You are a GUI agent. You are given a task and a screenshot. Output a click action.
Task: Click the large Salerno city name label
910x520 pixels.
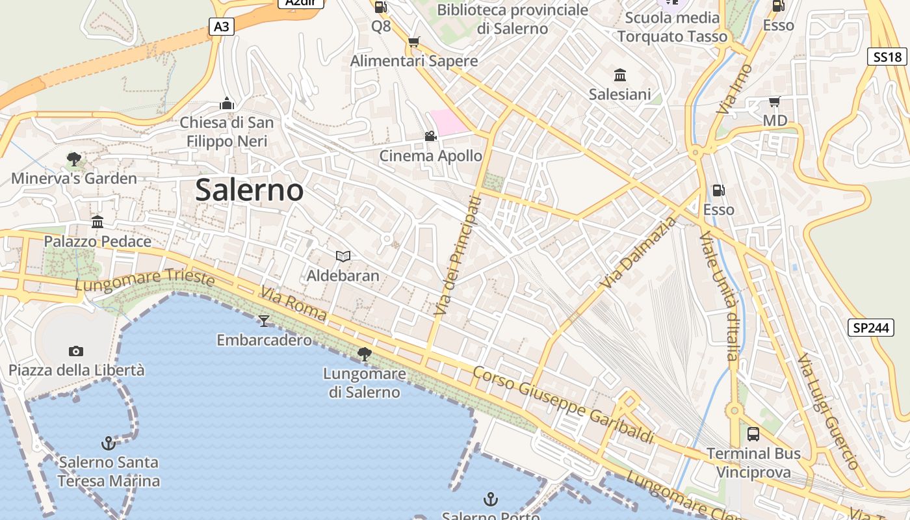249,190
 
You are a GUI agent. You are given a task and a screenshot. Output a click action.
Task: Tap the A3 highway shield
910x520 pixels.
222,27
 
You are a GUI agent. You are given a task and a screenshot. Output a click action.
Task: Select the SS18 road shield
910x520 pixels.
887,57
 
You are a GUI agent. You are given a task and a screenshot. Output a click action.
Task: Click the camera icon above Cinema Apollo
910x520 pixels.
430,136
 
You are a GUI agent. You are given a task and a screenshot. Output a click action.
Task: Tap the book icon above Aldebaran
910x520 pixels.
343,256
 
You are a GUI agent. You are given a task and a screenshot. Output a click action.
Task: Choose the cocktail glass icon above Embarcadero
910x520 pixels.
264,320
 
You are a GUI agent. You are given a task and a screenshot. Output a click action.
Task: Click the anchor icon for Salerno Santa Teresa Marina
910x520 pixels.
109,443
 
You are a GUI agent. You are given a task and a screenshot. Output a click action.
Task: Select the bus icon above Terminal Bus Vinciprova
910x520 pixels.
753,434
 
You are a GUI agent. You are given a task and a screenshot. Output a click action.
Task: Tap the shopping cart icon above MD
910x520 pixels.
774,101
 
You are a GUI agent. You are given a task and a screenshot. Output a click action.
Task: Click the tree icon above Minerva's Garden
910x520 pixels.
73,159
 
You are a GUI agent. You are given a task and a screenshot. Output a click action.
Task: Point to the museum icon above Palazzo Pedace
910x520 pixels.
97,222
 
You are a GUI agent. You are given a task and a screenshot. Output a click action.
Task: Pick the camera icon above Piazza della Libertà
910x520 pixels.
76,351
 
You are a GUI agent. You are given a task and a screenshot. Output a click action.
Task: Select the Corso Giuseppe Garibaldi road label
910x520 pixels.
563,405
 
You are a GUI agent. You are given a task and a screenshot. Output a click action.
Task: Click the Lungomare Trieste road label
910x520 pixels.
144,281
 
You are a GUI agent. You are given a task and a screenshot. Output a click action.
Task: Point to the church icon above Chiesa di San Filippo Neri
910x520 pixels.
226,103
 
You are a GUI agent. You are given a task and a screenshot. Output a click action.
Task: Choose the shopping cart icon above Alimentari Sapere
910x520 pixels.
413,42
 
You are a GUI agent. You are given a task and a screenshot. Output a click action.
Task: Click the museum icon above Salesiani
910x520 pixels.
619,75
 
